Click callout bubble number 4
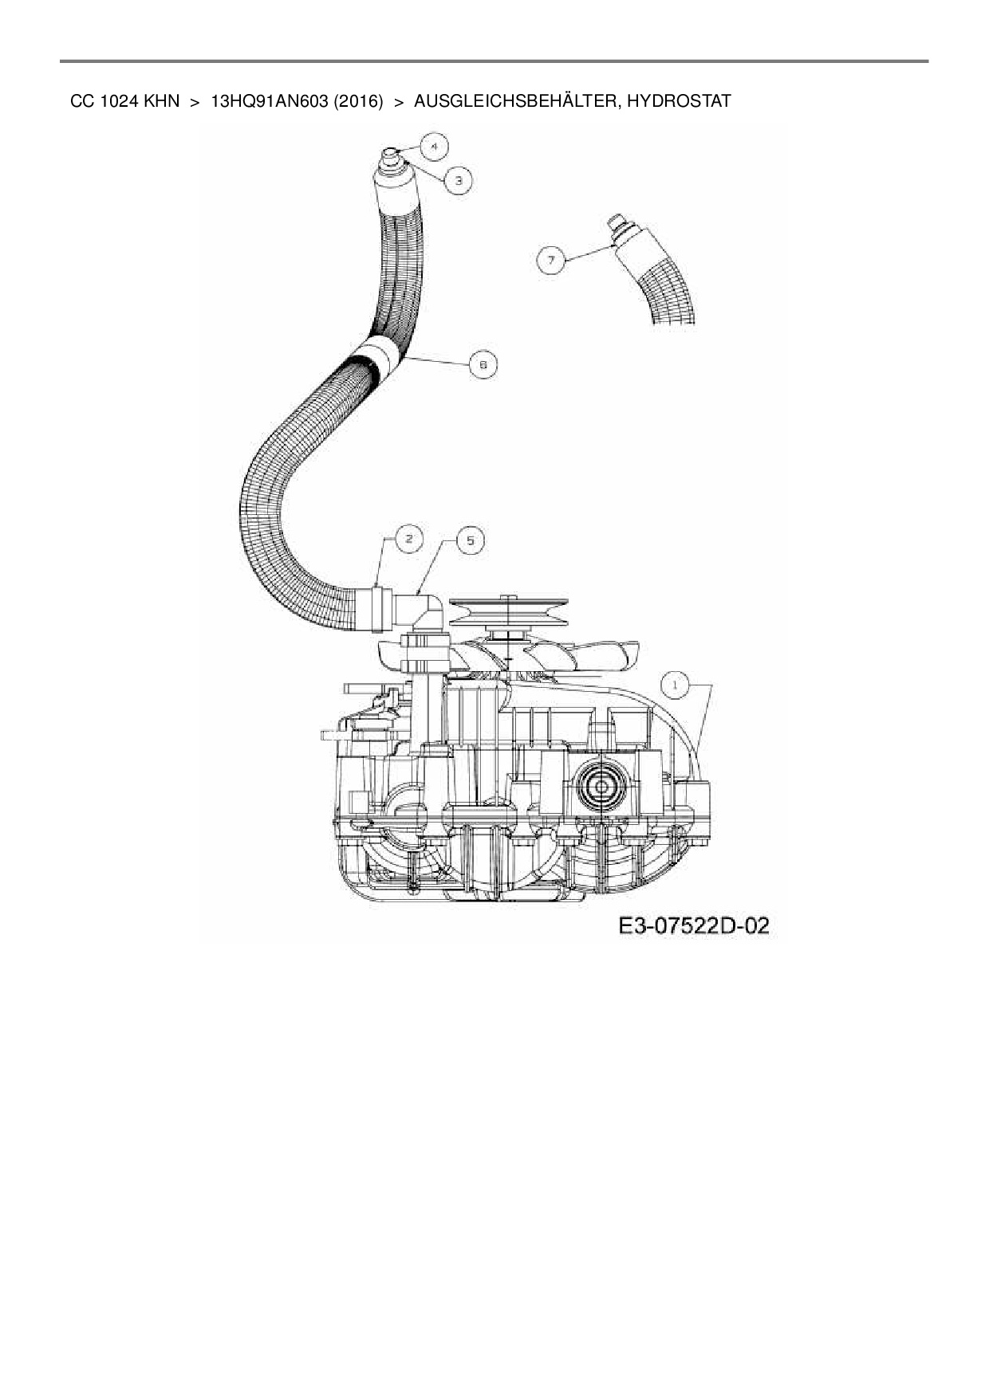coord(435,147)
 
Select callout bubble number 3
coord(459,181)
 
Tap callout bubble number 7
coord(550,260)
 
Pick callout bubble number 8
coord(483,364)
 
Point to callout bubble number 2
coord(409,540)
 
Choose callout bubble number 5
coord(471,540)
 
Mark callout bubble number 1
coord(676,684)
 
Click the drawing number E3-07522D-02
coord(693,925)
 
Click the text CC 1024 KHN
coord(124,101)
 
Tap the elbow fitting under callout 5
coord(426,611)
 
